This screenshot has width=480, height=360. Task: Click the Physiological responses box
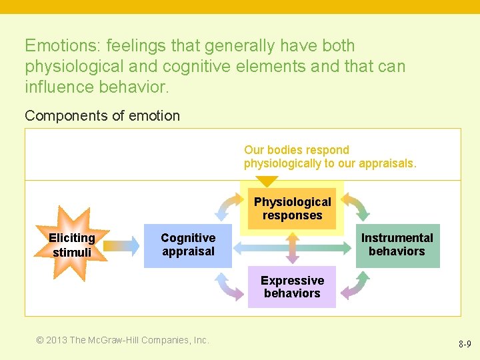click(x=292, y=209)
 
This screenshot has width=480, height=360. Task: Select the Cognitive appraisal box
click(x=187, y=245)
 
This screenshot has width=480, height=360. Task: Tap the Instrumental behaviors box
click(x=397, y=245)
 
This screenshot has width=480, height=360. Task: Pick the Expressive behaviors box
click(x=292, y=287)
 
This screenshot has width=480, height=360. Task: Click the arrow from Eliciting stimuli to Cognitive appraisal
click(x=121, y=246)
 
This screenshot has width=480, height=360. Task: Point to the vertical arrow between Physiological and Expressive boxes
click(x=292, y=249)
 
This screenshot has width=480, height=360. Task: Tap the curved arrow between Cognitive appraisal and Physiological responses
click(x=229, y=206)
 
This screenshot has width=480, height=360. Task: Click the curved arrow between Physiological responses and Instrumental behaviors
click(x=355, y=206)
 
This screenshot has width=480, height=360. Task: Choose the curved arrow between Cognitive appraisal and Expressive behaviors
click(x=229, y=287)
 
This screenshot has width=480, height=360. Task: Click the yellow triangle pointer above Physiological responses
click(x=267, y=181)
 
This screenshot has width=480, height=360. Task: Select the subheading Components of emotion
click(x=102, y=115)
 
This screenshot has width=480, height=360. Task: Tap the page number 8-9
click(x=465, y=345)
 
